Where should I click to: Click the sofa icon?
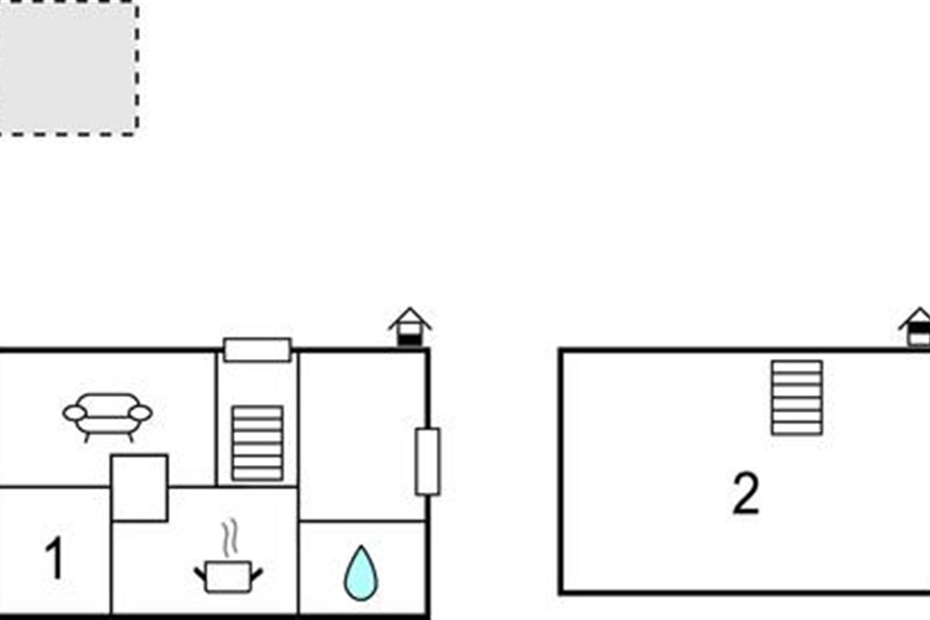pos(107,415)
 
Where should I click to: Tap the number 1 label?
pos(53,560)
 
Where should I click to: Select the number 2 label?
pos(746,494)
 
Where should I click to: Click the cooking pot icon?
pos(227,577)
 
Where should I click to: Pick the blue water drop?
pos(360,573)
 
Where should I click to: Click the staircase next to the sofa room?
pos(257,443)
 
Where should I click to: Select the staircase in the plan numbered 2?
pos(797,397)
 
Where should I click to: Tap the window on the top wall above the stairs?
pos(257,350)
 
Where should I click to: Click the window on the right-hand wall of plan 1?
pos(427,461)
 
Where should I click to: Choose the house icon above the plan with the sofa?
pos(410,327)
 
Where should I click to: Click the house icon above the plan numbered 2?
pos(918,328)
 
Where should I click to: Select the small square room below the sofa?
pos(139,487)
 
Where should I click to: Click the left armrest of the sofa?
pos(74,413)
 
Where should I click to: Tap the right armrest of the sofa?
pos(140,413)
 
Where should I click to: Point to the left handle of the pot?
pos(200,573)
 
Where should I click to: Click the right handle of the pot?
pos(256,573)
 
